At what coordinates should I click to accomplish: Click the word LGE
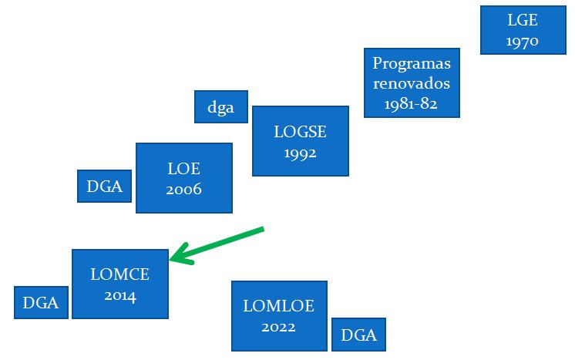click(x=523, y=20)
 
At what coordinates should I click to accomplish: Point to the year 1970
click(x=522, y=41)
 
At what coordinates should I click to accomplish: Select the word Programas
click(x=412, y=64)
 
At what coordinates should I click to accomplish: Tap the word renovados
click(x=412, y=83)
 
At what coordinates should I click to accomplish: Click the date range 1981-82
click(x=411, y=104)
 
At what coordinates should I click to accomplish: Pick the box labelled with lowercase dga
click(x=221, y=106)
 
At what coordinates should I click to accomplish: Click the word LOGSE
click(x=300, y=132)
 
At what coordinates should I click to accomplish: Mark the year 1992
click(x=300, y=153)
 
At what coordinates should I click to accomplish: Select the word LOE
click(x=183, y=169)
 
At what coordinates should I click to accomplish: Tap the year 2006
click(x=183, y=190)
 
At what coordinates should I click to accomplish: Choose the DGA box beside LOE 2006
click(x=105, y=186)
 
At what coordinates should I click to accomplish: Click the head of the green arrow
click(x=170, y=260)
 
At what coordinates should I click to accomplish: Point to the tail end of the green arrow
click(x=263, y=229)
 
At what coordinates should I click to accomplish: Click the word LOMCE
click(x=120, y=274)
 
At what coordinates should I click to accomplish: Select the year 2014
click(x=120, y=295)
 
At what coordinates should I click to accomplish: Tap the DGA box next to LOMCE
click(x=41, y=302)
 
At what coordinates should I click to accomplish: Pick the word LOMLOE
click(x=278, y=306)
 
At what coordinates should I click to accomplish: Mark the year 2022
click(x=278, y=327)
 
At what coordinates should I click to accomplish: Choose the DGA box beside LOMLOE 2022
click(x=358, y=335)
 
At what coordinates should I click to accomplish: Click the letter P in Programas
click(x=377, y=63)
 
